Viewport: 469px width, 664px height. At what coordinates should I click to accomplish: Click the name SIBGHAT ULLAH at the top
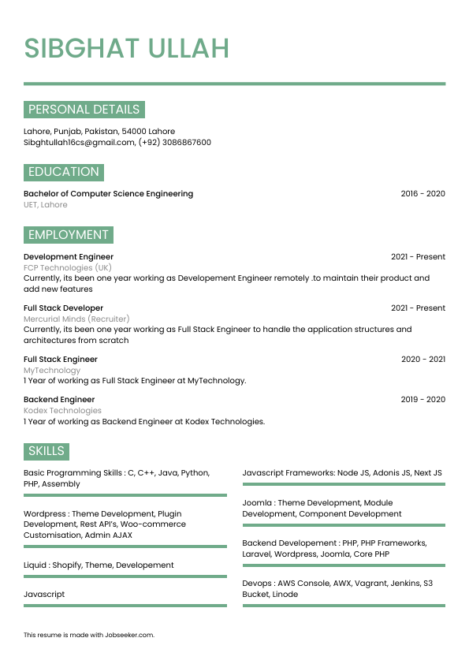(126, 48)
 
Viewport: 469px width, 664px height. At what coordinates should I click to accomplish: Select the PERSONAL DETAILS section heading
(84, 110)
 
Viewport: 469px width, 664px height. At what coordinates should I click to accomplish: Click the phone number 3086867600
(186, 143)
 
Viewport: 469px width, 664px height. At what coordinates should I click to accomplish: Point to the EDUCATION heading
(64, 172)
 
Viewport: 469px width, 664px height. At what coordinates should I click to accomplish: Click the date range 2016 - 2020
(422, 194)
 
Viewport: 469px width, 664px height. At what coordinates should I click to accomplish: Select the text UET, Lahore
(46, 205)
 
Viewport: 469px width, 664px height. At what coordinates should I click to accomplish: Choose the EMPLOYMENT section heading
(69, 235)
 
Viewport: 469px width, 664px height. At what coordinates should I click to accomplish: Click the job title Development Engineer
(69, 257)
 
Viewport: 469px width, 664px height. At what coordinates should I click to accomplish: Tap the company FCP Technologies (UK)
(68, 268)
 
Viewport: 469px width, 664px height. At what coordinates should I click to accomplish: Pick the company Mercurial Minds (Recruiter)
(76, 319)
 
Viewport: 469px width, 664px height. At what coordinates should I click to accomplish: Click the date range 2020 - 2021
(422, 360)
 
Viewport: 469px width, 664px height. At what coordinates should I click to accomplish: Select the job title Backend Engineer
(59, 400)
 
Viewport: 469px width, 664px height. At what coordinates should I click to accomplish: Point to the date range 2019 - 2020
(422, 400)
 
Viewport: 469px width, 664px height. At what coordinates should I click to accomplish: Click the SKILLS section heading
(47, 451)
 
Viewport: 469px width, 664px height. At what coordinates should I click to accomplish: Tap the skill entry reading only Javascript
(44, 595)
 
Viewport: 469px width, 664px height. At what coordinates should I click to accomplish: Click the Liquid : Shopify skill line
(99, 565)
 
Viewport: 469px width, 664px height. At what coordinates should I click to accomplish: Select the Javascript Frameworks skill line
(342, 473)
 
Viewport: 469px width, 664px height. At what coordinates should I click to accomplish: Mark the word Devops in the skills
(257, 584)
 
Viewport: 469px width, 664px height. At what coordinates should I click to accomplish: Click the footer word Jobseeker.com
(130, 635)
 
